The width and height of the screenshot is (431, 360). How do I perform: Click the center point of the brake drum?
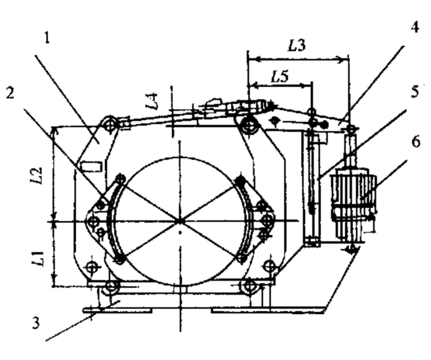[178, 221]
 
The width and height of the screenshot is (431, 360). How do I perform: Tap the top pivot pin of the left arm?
[111, 123]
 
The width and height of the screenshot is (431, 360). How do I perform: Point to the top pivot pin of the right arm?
[248, 125]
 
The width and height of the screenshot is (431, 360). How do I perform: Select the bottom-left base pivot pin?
[112, 286]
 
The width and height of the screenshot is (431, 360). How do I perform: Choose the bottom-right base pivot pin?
[248, 286]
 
